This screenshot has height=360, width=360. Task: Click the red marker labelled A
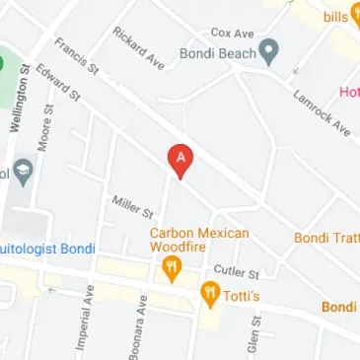coord(180,159)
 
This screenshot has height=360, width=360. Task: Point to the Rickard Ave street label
coord(138,47)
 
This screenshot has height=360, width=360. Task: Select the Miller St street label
coord(133,206)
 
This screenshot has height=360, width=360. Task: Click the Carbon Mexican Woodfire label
coord(199,240)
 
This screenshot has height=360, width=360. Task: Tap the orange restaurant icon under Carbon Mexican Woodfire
coord(173,267)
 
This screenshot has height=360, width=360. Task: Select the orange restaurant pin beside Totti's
coord(209,292)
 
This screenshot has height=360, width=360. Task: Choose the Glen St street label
coord(254,334)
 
